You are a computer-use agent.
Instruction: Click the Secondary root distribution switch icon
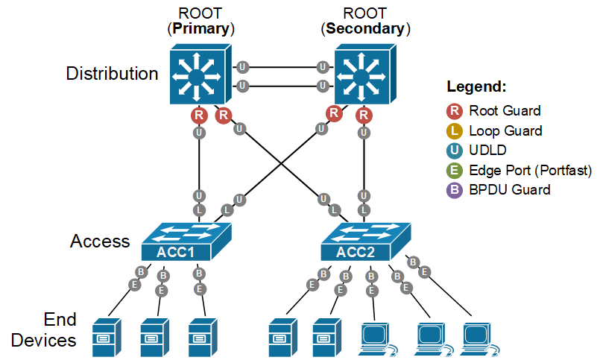point(362,75)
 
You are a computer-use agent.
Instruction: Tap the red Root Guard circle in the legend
point(454,111)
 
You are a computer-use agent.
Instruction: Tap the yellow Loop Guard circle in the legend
point(454,130)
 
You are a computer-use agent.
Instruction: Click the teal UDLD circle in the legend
point(454,151)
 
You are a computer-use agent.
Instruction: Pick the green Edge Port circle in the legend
point(454,170)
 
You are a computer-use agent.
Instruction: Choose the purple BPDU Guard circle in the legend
point(454,189)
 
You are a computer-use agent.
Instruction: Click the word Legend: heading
point(476,86)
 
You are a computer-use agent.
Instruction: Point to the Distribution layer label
point(112,74)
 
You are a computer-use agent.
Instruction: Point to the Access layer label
point(100,241)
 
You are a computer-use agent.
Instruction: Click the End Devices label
point(60,329)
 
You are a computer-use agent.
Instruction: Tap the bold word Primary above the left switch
point(200,29)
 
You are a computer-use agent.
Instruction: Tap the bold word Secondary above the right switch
point(365,29)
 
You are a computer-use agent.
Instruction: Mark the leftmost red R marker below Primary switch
point(199,115)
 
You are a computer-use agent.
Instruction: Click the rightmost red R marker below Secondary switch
point(364,115)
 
